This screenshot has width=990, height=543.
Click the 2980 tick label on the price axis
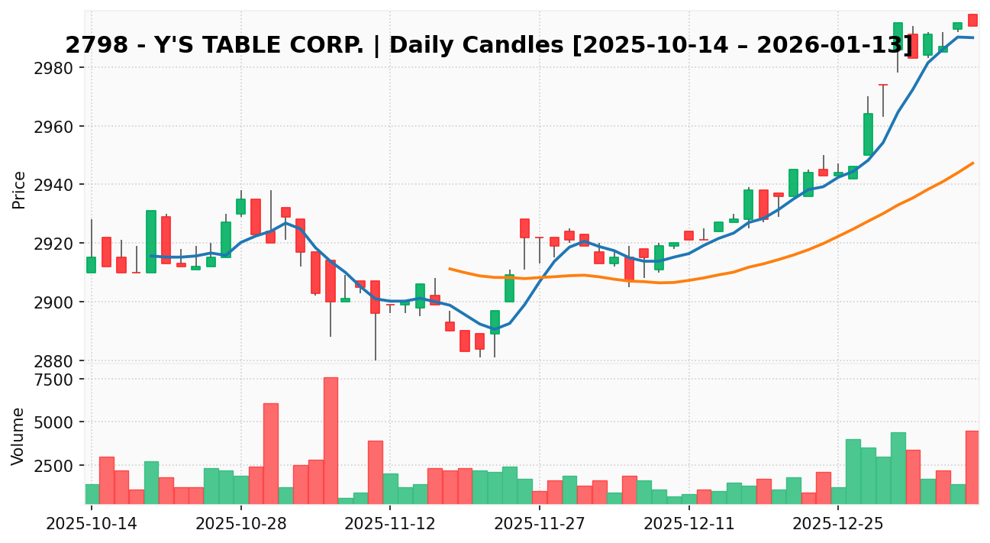click(x=54, y=68)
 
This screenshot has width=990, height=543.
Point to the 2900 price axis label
click(x=54, y=302)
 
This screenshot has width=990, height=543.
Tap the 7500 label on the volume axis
click(x=54, y=380)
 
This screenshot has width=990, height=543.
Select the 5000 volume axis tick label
click(x=54, y=422)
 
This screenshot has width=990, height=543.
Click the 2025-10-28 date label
click(x=240, y=525)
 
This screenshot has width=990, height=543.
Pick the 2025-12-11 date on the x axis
click(x=688, y=525)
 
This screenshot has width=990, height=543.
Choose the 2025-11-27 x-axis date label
click(x=539, y=525)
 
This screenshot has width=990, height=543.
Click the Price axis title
click(x=19, y=189)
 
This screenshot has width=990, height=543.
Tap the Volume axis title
click(x=19, y=436)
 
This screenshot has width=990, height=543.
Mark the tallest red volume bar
click(x=331, y=440)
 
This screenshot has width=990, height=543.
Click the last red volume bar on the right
click(x=972, y=467)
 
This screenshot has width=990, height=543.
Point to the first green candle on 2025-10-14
click(x=91, y=264)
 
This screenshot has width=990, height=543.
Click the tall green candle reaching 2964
click(x=868, y=134)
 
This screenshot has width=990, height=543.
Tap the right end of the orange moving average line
click(x=972, y=163)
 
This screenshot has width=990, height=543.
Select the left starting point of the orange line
click(x=450, y=269)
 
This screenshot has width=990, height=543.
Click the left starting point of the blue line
click(x=151, y=256)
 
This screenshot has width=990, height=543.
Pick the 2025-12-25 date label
click(x=838, y=525)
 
